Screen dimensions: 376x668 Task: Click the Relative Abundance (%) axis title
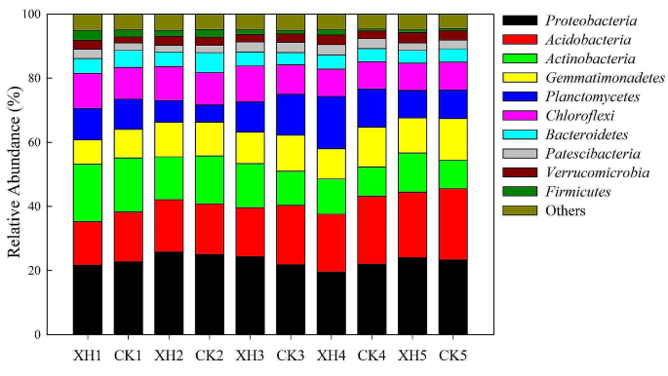pos(16,174)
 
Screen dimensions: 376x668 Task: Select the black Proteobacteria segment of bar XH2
pos(169,293)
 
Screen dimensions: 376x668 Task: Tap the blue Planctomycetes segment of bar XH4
pos(331,123)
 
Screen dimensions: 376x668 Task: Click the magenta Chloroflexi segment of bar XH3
pos(250,84)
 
